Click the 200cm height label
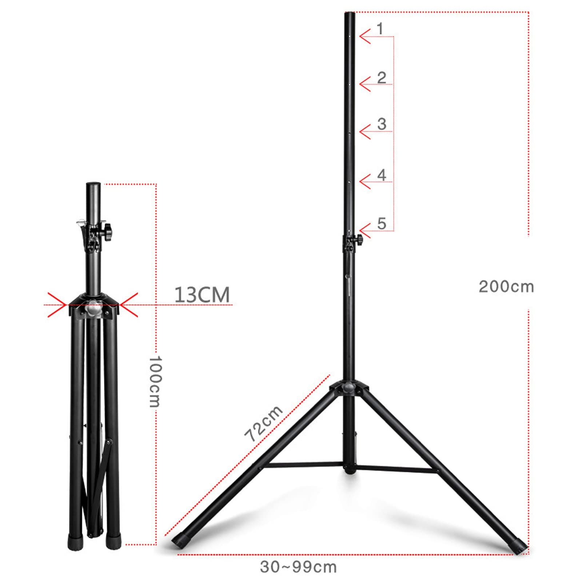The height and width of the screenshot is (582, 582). click(506, 287)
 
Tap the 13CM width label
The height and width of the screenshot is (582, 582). click(202, 295)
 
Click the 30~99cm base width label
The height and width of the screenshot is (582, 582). click(298, 567)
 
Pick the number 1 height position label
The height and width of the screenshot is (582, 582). click(380, 29)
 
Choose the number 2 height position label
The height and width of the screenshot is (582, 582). click(381, 78)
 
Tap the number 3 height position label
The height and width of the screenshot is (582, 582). click(381, 124)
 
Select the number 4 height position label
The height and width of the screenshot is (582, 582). click(381, 175)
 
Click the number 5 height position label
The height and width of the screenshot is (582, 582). click(381, 224)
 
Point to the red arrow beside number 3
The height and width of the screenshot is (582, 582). click(365, 131)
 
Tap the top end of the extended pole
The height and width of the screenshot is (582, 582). click(350, 15)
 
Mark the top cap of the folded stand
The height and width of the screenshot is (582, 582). click(93, 185)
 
